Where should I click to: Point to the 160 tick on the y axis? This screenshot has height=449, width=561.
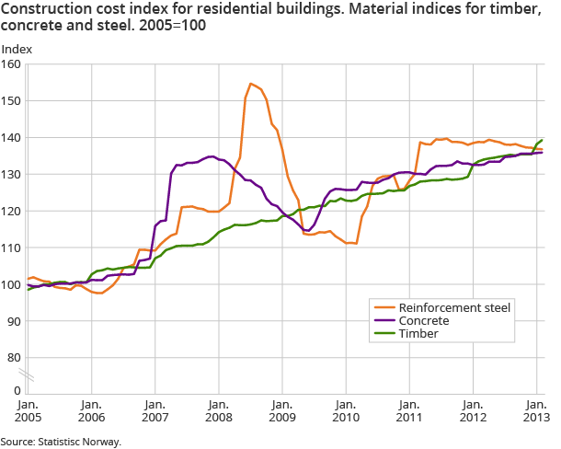pos(11,64)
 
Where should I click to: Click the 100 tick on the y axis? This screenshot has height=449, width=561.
pos(11,284)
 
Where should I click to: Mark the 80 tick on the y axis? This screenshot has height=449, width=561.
pos(14,357)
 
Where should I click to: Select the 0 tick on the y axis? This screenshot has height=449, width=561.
pos(17,390)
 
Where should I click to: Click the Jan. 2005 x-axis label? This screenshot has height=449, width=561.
pos(28,410)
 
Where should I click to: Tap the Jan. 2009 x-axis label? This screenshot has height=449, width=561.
pos(282,410)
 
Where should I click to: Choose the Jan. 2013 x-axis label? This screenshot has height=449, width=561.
pos(537,410)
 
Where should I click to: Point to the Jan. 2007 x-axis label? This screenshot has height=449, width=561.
pos(155,410)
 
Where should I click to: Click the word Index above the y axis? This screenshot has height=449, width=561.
pos(17,48)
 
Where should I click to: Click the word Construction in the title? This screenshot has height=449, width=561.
pos(44,9)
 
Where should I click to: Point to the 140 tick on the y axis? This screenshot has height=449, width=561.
pos(11,137)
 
